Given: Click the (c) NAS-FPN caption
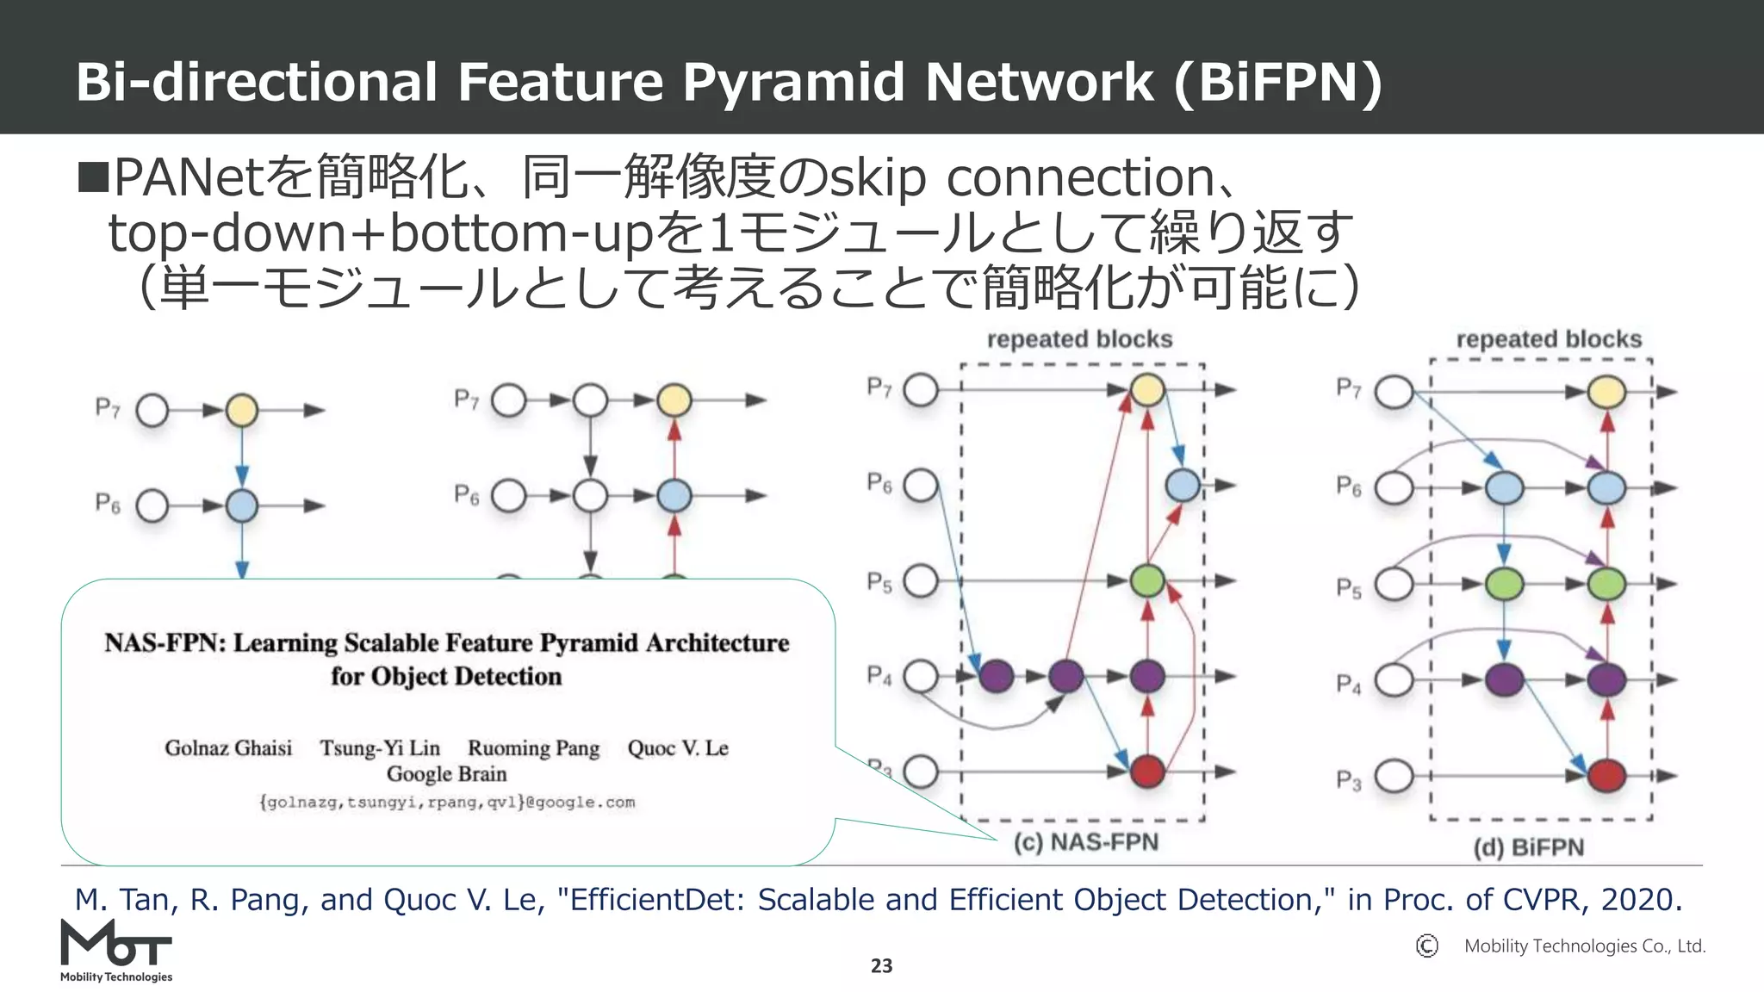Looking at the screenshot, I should [1085, 841].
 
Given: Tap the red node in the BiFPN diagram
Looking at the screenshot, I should [1606, 775].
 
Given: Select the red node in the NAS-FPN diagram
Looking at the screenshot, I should [1146, 771].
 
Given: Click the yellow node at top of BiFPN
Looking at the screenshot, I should [1606, 392].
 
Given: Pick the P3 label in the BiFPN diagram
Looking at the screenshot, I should [1349, 780].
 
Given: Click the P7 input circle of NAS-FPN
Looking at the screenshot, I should [921, 390].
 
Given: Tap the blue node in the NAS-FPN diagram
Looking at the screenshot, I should [1183, 486].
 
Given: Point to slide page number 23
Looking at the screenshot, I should [881, 966].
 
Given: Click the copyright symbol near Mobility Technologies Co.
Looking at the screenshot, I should [1426, 945].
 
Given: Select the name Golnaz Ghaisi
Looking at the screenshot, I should [228, 747].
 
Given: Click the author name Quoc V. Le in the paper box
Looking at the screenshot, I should [677, 747].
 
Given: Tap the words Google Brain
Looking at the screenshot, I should [446, 773].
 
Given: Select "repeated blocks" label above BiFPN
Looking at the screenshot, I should [1548, 339].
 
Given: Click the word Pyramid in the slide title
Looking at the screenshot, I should [792, 82].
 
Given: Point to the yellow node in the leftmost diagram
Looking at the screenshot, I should [241, 410].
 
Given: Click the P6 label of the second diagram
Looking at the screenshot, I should [466, 494].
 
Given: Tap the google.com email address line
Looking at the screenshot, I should [446, 803].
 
